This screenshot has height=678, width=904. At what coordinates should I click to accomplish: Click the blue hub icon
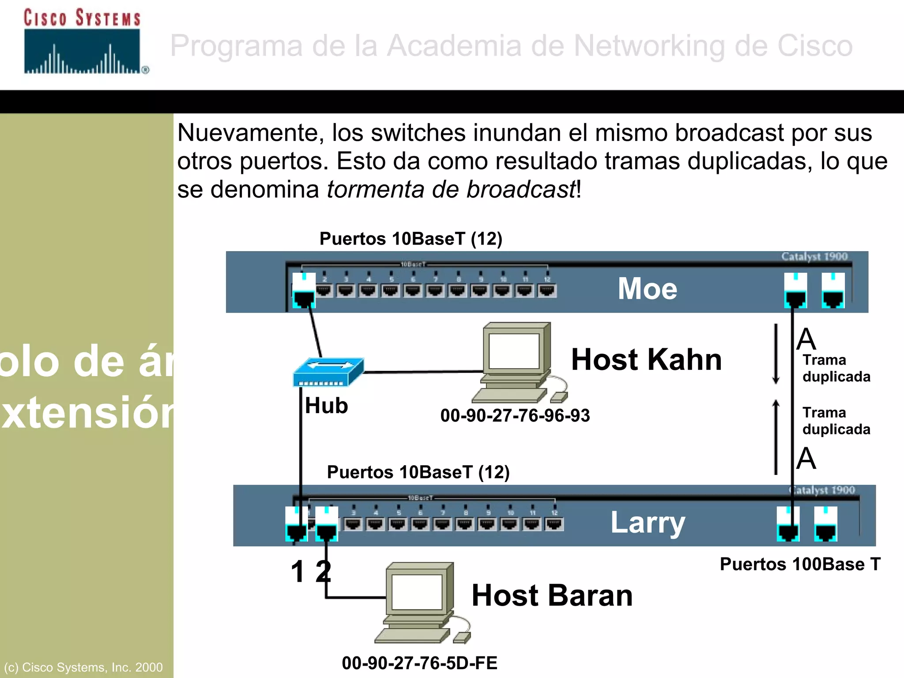click(x=328, y=372)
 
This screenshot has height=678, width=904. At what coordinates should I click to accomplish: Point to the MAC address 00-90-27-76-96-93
click(x=515, y=416)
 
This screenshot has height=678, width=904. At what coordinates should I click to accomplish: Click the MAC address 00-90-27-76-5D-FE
click(x=419, y=663)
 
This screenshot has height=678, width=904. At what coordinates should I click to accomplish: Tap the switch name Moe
click(x=647, y=289)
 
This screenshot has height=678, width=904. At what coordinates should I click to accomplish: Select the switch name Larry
click(x=648, y=523)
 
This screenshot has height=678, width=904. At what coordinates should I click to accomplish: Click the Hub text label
click(x=326, y=406)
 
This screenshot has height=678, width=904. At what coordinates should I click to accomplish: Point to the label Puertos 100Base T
click(x=800, y=564)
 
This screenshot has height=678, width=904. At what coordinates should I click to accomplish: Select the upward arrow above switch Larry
click(x=776, y=437)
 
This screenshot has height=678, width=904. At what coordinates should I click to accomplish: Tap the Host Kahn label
click(x=646, y=359)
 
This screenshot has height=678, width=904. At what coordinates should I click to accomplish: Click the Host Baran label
click(x=552, y=595)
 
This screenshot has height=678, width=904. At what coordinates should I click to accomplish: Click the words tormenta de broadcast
click(x=451, y=190)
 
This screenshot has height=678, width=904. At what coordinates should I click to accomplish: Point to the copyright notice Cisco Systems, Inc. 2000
click(x=83, y=667)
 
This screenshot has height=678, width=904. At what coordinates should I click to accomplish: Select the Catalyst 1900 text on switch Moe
click(x=814, y=256)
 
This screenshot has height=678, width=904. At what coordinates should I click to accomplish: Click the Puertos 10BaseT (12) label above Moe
click(x=411, y=239)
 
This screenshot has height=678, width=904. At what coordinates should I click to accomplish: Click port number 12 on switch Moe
click(x=547, y=290)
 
